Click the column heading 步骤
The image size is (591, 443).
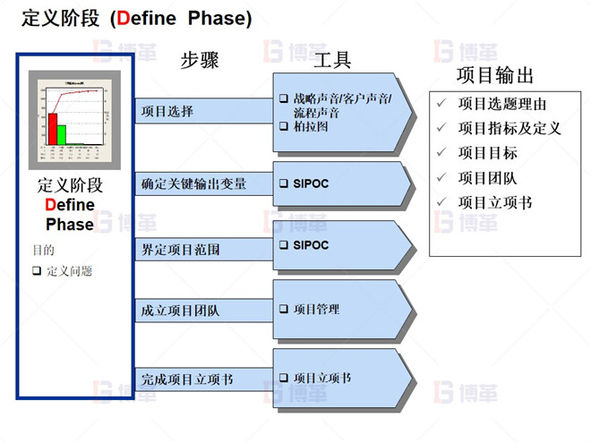(200, 61)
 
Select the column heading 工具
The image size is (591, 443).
(332, 61)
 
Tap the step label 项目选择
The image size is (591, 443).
(167, 112)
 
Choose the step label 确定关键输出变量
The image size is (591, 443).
(193, 184)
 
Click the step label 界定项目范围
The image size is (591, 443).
(180, 248)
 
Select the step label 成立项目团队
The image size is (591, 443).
(180, 311)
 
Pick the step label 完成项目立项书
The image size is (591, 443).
(187, 379)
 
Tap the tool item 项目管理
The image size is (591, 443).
(316, 309)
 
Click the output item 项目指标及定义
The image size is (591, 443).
(509, 128)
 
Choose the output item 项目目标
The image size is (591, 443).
(488, 153)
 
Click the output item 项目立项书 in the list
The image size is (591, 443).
(495, 203)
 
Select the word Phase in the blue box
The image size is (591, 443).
(70, 224)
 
